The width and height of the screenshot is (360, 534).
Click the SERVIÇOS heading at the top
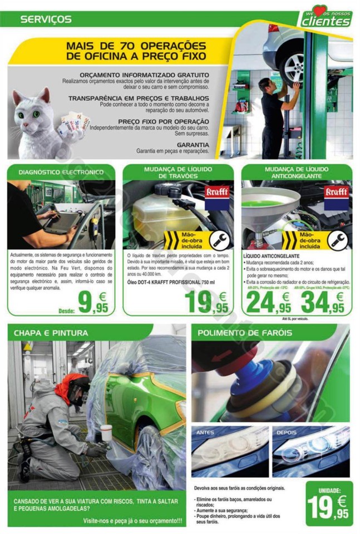click(46, 19)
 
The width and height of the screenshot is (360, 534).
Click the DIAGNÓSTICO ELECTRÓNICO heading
click(61, 172)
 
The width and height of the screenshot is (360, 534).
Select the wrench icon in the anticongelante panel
click(337, 240)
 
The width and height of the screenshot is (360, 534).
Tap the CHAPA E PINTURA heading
click(51, 333)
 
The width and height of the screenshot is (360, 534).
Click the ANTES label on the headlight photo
click(206, 432)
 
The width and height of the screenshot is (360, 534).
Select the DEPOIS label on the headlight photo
click(287, 432)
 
